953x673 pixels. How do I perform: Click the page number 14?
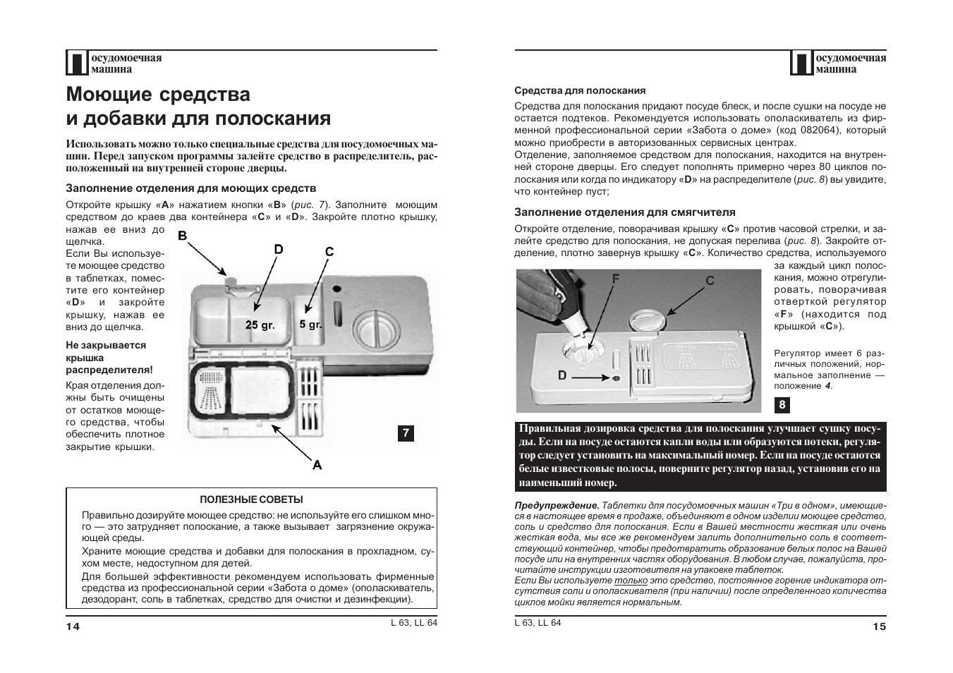(x=73, y=626)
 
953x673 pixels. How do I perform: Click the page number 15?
(x=879, y=626)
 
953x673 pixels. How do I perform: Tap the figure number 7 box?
(x=406, y=433)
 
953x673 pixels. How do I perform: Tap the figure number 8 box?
(x=782, y=405)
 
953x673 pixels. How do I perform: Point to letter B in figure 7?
(x=182, y=236)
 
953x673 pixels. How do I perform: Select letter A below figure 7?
(x=317, y=465)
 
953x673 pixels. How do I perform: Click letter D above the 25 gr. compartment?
(x=279, y=249)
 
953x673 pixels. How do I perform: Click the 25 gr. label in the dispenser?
(x=260, y=325)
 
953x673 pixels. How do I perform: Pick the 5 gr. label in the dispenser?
(x=310, y=325)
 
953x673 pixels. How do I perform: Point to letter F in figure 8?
(x=616, y=279)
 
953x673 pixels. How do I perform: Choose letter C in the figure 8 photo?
(x=710, y=281)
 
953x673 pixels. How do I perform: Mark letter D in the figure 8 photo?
(x=562, y=376)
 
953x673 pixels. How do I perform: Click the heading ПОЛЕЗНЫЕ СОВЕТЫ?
(x=251, y=499)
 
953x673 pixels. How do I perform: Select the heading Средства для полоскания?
(x=580, y=90)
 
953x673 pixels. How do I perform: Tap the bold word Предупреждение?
(x=557, y=505)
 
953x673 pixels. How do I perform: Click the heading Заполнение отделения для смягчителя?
(x=624, y=212)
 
